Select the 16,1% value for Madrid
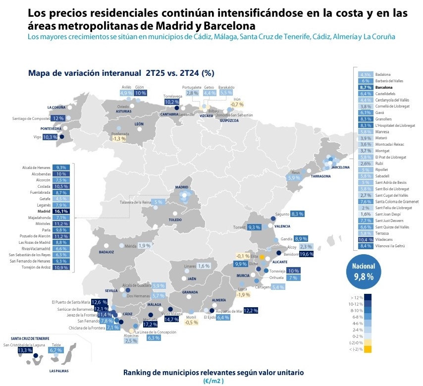point(62,211)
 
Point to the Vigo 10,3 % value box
point(51,137)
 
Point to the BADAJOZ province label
point(106,252)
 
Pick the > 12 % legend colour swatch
point(368,297)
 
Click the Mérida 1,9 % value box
point(144,246)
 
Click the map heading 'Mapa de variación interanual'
point(121,73)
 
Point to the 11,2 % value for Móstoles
point(62,223)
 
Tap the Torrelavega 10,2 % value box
point(171,102)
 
